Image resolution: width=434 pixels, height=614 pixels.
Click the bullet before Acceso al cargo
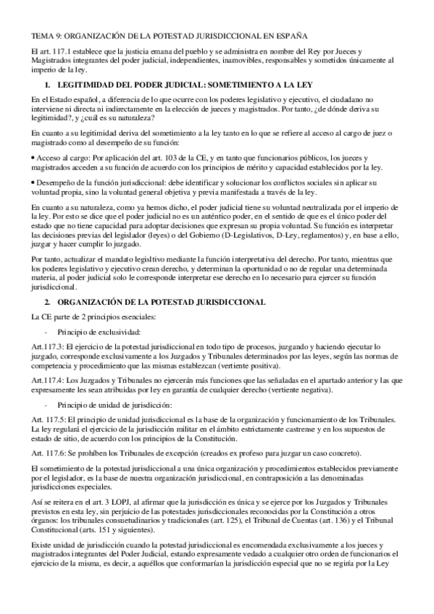coord(33,158)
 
